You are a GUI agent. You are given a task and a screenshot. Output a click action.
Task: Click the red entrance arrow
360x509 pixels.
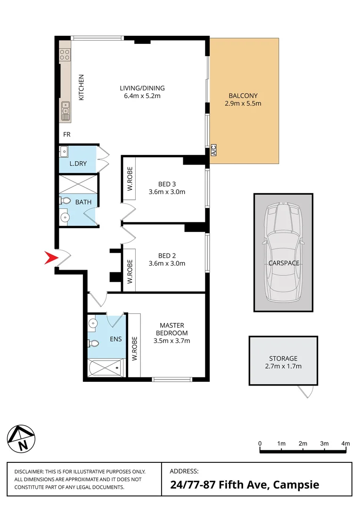pyautogui.click(x=50, y=257)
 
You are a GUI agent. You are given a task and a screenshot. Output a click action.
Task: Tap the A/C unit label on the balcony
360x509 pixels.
pyautogui.click(x=213, y=150)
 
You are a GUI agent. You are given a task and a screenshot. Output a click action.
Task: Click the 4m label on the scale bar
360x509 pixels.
pyautogui.click(x=345, y=443)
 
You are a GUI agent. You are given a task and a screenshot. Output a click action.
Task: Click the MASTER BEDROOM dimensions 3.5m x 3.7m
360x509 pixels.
pyautogui.click(x=172, y=341)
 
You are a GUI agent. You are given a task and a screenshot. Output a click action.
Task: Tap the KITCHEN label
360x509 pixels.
pyautogui.click(x=81, y=87)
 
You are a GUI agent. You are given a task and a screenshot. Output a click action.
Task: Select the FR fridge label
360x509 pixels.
pyautogui.click(x=67, y=134)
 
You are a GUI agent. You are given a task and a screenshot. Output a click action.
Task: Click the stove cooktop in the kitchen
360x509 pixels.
pyautogui.click(x=65, y=55)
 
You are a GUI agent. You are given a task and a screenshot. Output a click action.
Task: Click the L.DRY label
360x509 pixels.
pyautogui.click(x=77, y=164)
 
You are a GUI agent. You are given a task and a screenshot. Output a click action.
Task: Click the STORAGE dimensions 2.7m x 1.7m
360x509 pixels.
pyautogui.click(x=283, y=366)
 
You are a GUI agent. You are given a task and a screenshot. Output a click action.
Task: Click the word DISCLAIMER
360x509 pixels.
pyautogui.click(x=29, y=472)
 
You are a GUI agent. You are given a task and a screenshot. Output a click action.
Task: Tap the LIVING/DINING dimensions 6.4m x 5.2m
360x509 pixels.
pyautogui.click(x=142, y=96)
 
